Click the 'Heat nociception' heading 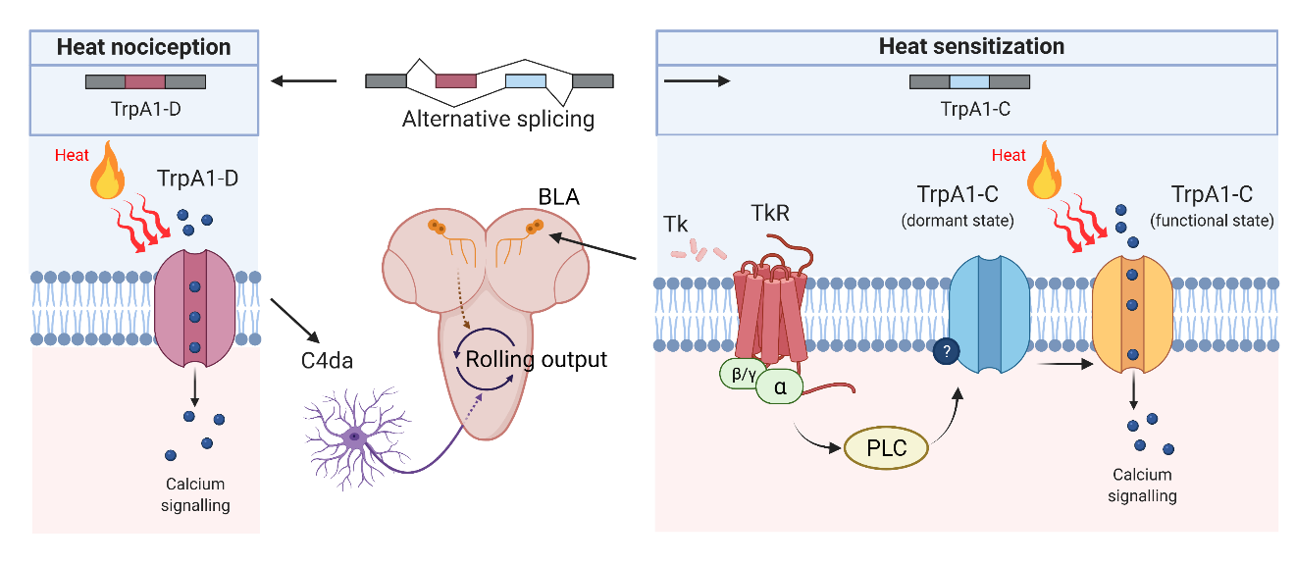pos(143,47)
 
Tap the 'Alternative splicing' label pos(498,120)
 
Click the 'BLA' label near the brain pos(559,197)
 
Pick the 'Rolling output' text pos(536,359)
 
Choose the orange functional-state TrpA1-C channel pos(1132,314)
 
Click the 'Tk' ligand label pos(676,225)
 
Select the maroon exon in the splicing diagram pos(455,80)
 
